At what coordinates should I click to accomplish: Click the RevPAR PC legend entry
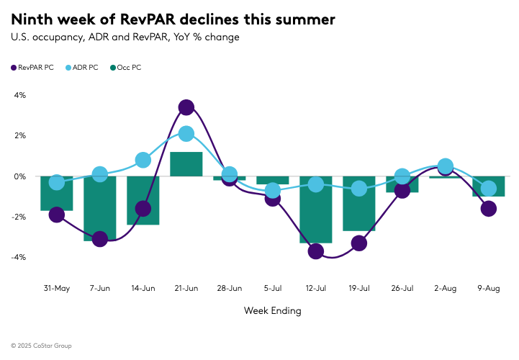coord(32,67)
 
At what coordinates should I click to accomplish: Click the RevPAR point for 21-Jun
coord(186,107)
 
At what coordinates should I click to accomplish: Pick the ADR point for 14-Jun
coord(143,160)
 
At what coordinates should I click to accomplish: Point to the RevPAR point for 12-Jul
coord(316,251)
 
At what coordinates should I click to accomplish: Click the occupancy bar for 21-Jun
coord(186,164)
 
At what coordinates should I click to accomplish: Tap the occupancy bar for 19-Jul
coord(359,203)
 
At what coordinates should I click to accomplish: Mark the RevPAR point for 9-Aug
coord(489,209)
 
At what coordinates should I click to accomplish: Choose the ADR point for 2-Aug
coord(446,166)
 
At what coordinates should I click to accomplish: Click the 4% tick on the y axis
coord(20,95)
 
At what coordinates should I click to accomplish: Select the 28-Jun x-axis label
coord(230,288)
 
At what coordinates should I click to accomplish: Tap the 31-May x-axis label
coord(57,288)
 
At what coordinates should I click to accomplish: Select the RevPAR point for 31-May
coord(57,215)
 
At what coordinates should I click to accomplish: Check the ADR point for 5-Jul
coord(273,191)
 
